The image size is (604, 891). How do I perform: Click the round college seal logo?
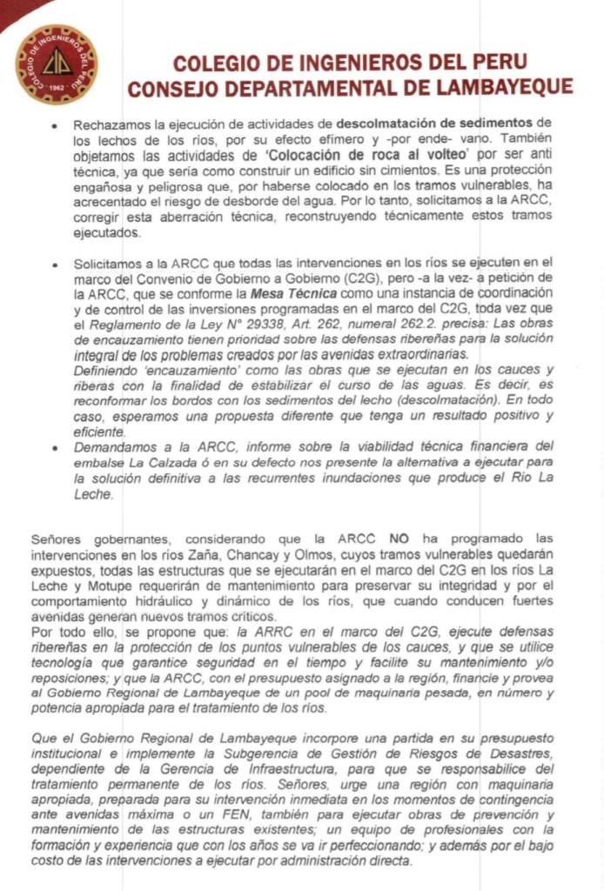(x=57, y=64)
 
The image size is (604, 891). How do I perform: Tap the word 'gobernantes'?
(x=119, y=538)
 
